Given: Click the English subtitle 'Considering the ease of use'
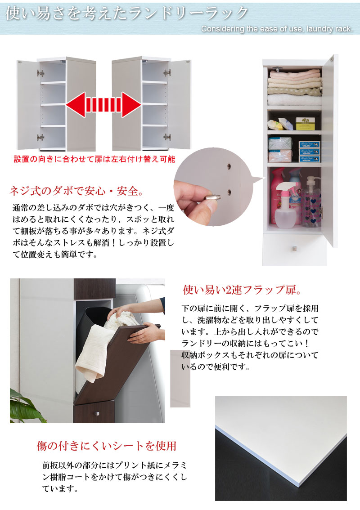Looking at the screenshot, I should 277,29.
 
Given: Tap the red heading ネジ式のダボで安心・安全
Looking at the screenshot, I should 76,192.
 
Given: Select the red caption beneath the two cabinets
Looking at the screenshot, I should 94,159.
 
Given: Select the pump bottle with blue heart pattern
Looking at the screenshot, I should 311,202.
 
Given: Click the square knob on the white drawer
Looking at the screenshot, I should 295,249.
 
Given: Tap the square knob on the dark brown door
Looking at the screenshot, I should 96,413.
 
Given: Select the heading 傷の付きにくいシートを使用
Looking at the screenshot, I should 106,446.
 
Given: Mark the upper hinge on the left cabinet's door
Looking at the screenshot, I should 41,72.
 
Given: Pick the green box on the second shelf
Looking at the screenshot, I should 305,123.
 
